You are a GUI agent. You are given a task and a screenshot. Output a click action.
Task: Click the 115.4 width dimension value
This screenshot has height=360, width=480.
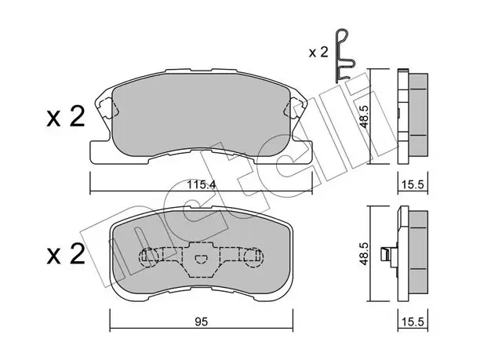click(202, 185)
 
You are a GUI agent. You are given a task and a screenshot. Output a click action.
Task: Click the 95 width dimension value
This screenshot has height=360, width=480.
click(201, 322)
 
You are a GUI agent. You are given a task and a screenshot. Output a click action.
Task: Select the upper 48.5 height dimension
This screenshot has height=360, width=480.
click(365, 116)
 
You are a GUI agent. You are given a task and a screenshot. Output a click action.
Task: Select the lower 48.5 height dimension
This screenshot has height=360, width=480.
click(364, 253)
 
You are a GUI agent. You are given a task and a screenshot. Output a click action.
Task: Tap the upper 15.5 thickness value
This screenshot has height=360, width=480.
click(413, 185)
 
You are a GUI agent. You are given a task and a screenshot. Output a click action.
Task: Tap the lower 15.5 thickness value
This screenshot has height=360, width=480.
click(413, 322)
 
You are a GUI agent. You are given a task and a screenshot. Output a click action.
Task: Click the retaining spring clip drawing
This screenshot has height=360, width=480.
click(345, 56)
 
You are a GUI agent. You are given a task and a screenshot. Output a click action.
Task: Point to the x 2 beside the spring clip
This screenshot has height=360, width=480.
click(318, 53)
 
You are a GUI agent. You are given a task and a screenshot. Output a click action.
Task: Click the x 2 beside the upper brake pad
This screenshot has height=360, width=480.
click(66, 117)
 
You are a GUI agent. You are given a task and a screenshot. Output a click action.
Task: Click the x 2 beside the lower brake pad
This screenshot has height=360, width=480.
click(66, 254)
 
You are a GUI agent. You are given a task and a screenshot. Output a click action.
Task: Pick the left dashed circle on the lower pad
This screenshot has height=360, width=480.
click(149, 256)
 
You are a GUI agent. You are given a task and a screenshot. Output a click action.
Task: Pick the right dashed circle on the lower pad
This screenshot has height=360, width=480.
click(253, 256)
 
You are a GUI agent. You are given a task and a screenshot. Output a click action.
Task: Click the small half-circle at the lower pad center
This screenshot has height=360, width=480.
click(201, 259)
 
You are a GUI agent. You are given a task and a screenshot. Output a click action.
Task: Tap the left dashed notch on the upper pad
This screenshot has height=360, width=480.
click(108, 107)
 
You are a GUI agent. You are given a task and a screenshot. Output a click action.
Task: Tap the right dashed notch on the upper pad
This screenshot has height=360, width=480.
click(294, 107)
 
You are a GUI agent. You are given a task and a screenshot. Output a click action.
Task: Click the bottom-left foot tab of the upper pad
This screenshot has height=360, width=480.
click(100, 152)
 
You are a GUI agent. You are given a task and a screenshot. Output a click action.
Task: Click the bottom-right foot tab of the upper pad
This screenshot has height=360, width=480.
click(303, 152)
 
